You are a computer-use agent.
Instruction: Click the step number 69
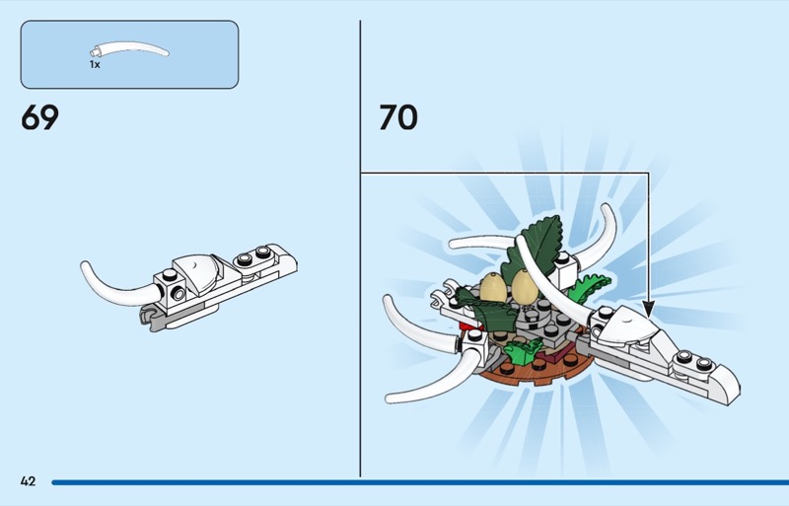coord(39,117)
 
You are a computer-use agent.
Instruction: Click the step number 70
coord(398,117)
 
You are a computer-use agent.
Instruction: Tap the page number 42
coord(29,481)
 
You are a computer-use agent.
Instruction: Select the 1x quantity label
coord(95,64)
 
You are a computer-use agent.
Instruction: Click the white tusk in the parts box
coord(129,49)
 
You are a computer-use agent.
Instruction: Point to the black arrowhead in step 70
coord(649,309)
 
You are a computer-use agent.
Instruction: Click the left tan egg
coord(492,288)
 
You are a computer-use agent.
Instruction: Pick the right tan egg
coord(525,286)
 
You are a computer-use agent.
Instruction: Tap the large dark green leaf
coord(535,247)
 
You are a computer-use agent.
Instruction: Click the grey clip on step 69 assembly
coord(151,318)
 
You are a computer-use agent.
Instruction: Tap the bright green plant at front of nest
coord(522,350)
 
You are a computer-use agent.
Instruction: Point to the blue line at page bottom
coord(420,483)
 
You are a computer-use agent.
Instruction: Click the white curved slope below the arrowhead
coord(630,327)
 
